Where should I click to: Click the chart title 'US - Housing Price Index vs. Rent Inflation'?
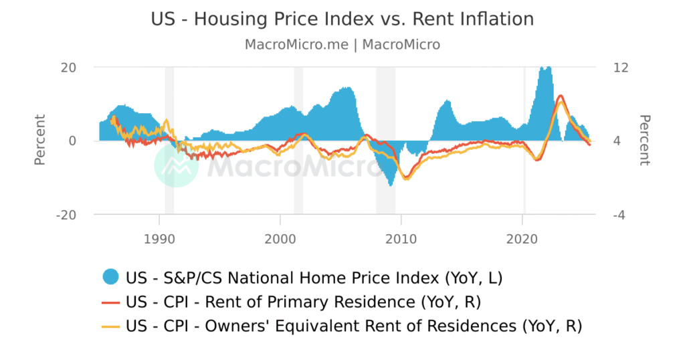tap(342, 19)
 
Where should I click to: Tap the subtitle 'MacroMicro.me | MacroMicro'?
tap(342, 45)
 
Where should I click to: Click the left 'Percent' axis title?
tap(40, 141)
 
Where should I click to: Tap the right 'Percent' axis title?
tap(645, 141)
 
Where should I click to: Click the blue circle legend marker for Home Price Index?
tap(111, 276)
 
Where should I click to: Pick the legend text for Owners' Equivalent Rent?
tap(354, 327)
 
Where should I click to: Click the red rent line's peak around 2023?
tap(561, 96)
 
